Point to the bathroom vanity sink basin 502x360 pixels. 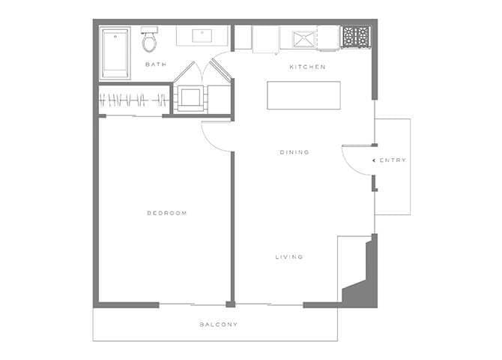[203, 34]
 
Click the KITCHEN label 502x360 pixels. [307, 67]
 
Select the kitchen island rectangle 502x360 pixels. [303, 95]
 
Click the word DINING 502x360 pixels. [294, 152]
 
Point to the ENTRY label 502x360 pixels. [393, 160]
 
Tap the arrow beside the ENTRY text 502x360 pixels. [374, 160]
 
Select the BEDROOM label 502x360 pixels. [166, 214]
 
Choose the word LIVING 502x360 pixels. [288, 257]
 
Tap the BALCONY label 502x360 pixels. [219, 325]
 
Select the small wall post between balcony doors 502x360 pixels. [231, 304]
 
